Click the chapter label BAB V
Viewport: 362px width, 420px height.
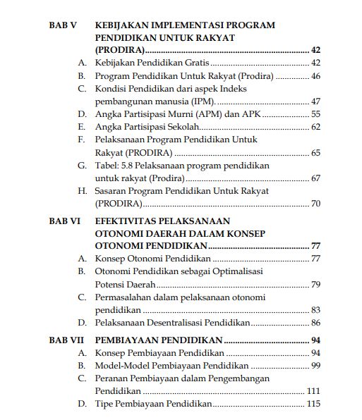click(x=62, y=25)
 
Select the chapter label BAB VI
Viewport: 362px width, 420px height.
click(x=64, y=221)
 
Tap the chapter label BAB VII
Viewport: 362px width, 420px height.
click(x=66, y=340)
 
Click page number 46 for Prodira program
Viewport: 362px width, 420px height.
click(x=315, y=76)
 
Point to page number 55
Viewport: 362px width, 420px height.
click(x=315, y=114)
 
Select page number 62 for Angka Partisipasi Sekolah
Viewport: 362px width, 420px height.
click(x=315, y=127)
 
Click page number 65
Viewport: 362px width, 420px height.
click(x=315, y=152)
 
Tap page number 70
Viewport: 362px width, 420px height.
click(x=315, y=204)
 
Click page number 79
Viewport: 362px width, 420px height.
click(x=315, y=285)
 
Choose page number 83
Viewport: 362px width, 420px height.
click(x=315, y=310)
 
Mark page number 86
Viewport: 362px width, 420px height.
click(x=315, y=323)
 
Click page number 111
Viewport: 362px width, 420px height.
click(x=313, y=390)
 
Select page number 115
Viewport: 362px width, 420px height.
click(x=313, y=404)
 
